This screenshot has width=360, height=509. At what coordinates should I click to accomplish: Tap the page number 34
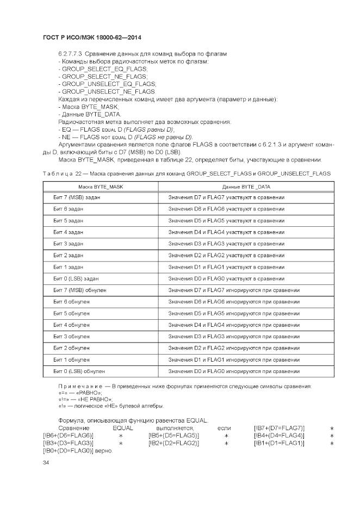point(46,462)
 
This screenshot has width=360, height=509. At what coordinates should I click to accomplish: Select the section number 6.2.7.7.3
point(70,54)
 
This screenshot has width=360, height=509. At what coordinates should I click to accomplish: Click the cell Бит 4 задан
point(68,232)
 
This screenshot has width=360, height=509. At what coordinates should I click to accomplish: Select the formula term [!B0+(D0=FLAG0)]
point(69,451)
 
